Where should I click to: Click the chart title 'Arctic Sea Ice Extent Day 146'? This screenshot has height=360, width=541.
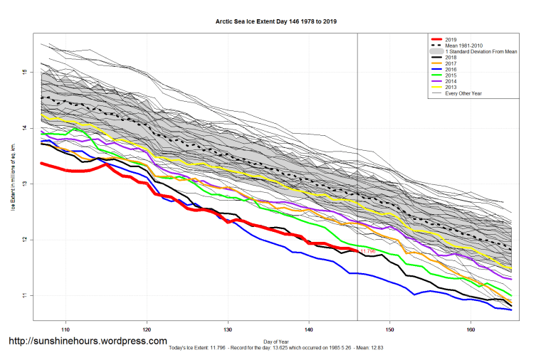276,22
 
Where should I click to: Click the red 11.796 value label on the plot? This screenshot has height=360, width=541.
368,251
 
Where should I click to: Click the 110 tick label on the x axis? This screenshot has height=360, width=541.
65,330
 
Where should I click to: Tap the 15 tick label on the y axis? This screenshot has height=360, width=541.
23,72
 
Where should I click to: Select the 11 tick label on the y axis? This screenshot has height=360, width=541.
23,295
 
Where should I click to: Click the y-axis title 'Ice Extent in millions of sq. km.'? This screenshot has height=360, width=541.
13,184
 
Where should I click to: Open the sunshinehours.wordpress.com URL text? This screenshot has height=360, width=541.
88,341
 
